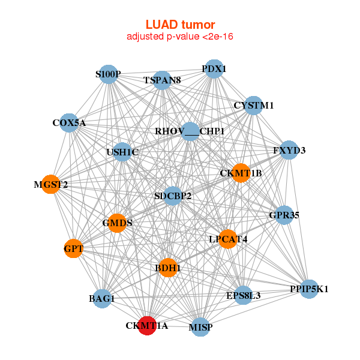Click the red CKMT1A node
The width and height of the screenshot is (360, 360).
(x=147, y=325)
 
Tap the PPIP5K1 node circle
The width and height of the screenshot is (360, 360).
(x=309, y=289)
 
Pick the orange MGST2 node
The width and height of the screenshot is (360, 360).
(x=51, y=184)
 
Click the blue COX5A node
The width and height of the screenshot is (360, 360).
(x=70, y=123)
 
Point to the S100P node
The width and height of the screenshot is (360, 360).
(x=109, y=74)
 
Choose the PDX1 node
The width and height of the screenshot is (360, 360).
(x=214, y=69)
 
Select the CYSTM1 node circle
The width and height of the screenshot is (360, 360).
(x=254, y=106)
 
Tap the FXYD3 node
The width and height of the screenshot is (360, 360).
(x=289, y=150)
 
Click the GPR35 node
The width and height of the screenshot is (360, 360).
(x=284, y=215)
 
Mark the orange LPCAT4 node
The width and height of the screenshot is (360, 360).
(x=228, y=239)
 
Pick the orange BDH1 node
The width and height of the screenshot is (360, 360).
(x=169, y=268)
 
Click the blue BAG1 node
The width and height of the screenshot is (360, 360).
(x=102, y=298)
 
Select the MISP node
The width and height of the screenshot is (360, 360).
(x=201, y=327)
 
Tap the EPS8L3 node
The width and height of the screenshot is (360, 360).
(x=243, y=295)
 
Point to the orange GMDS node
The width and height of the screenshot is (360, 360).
(x=117, y=223)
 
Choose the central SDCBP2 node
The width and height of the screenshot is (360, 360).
(x=173, y=196)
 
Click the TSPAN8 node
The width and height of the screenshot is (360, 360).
(x=163, y=80)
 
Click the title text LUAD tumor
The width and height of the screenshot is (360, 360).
(x=180, y=25)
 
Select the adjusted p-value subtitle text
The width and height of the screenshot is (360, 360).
(x=180, y=37)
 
